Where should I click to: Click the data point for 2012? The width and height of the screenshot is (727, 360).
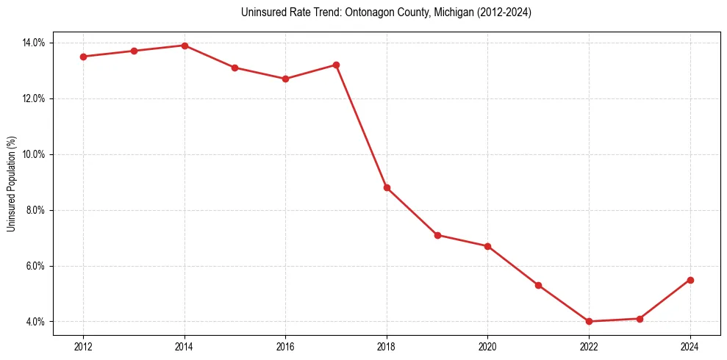tap(83, 57)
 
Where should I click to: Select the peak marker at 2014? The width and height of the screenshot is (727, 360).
tap(185, 46)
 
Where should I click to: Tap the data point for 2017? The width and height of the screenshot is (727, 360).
tap(336, 65)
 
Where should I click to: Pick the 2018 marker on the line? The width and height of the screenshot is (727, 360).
tap(387, 187)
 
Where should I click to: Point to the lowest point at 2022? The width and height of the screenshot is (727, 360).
tap(589, 321)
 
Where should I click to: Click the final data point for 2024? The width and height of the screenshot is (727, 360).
tap(690, 280)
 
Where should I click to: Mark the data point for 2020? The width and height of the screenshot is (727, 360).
tap(487, 246)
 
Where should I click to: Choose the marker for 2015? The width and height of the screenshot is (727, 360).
tap(234, 68)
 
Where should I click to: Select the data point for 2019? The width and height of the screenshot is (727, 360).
tap(437, 235)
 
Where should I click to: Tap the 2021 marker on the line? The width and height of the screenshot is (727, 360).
tap(538, 285)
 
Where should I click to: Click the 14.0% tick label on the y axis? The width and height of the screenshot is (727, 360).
tap(34, 43)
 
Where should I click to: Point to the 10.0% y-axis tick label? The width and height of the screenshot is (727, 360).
tap(34, 154)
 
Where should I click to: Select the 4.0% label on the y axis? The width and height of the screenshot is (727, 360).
tap(36, 322)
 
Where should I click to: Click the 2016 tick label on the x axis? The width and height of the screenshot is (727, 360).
tap(285, 346)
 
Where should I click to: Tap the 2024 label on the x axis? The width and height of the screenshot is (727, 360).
tap(690, 346)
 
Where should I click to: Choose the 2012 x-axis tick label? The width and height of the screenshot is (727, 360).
tap(83, 346)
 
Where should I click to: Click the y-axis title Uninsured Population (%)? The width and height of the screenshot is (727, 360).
tap(11, 183)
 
